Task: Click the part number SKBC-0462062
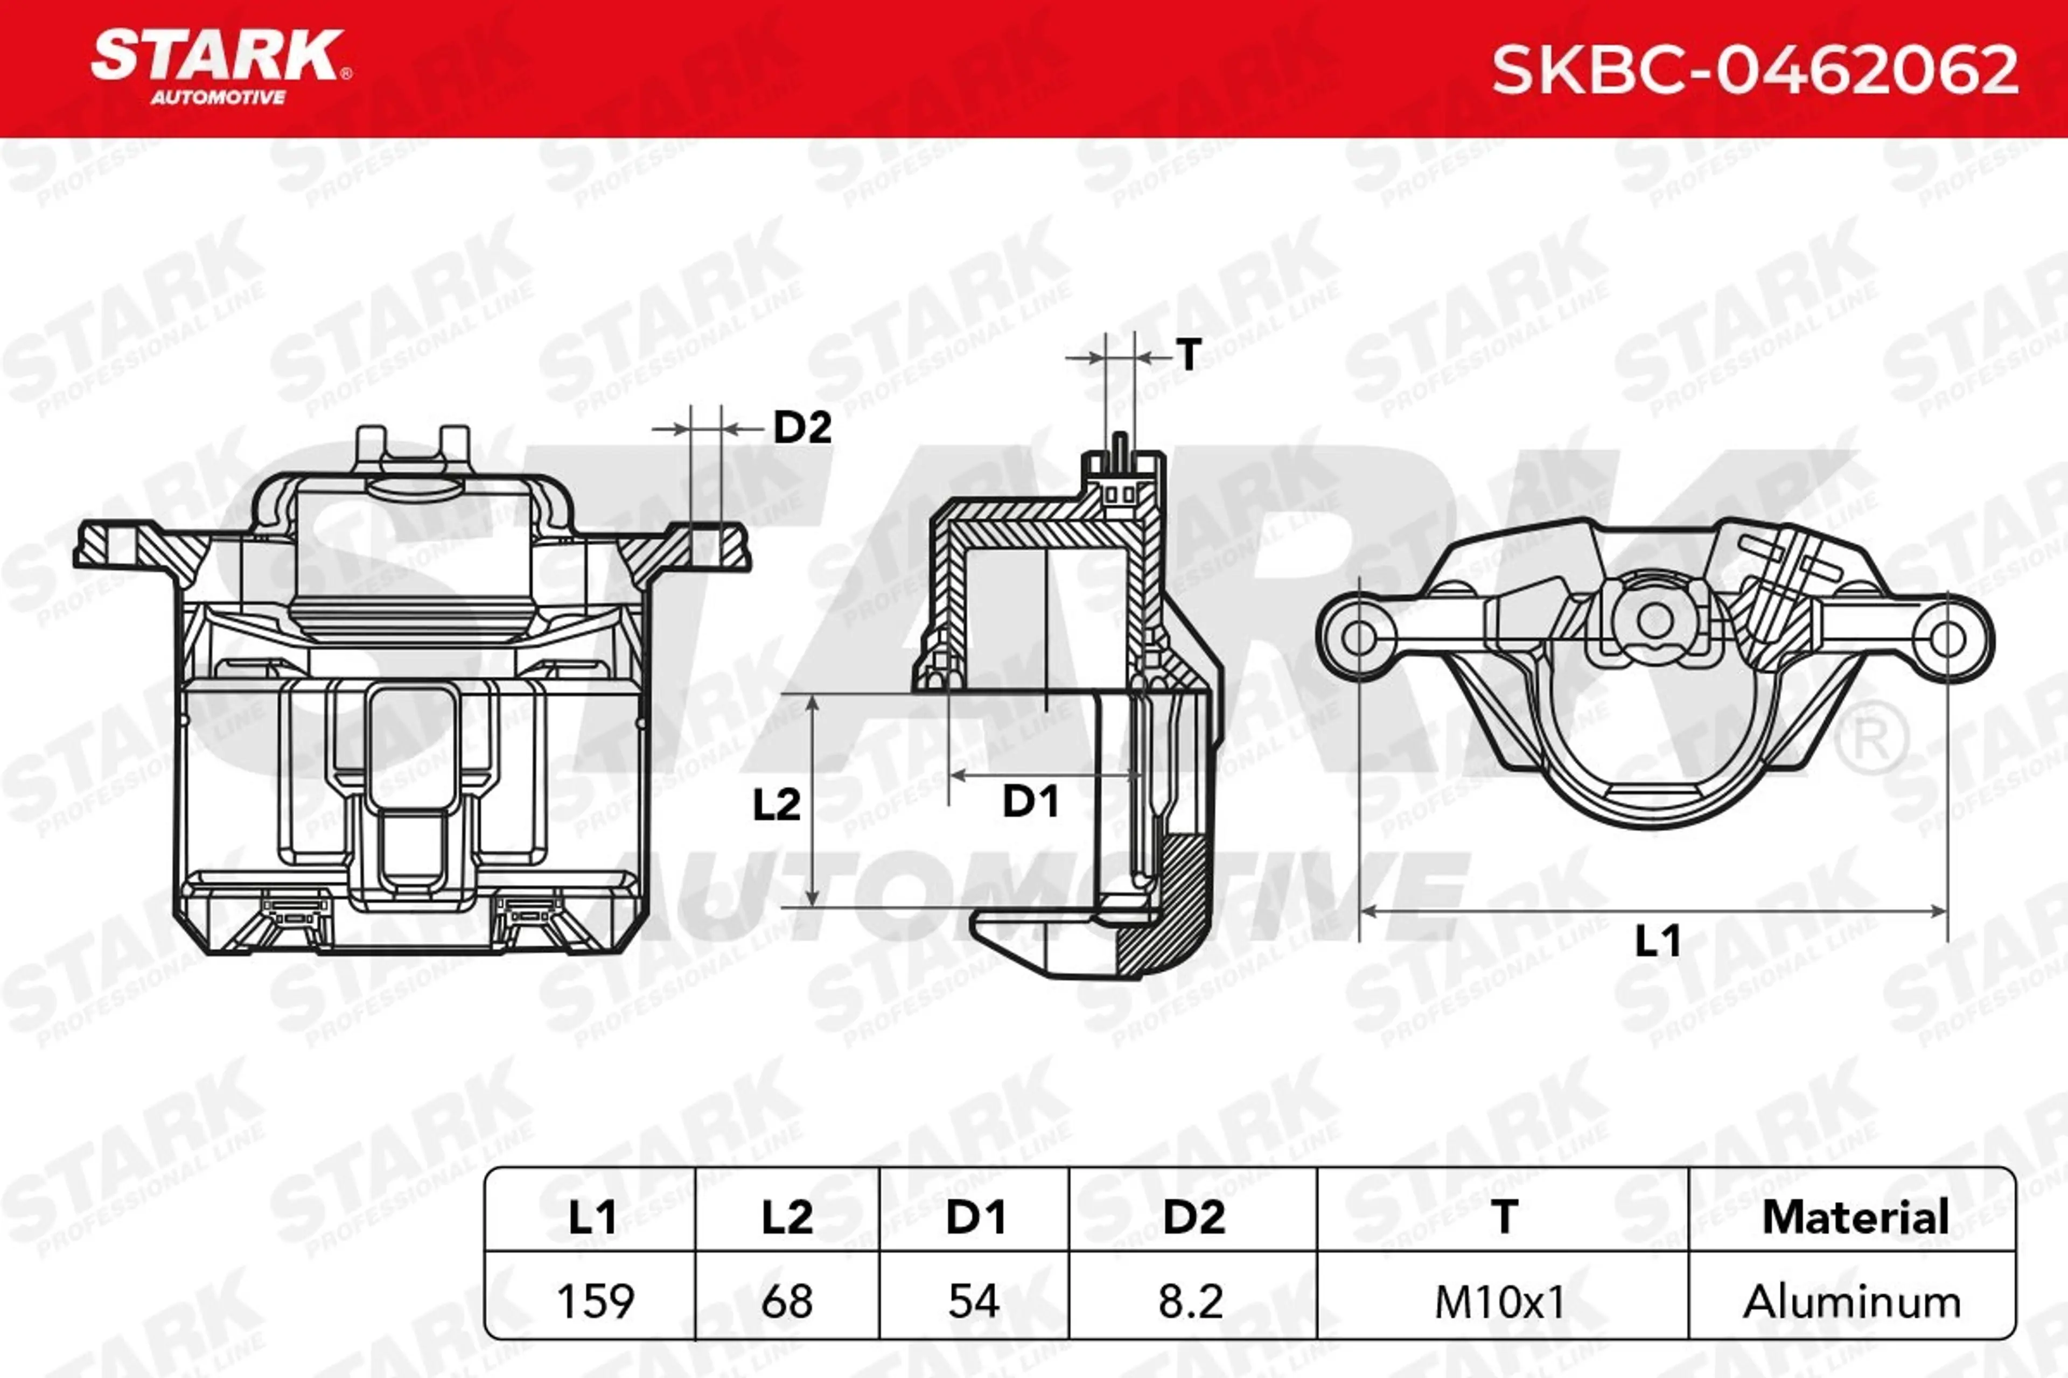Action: tap(1755, 71)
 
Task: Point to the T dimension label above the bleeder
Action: tap(1189, 354)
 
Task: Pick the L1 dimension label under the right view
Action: tap(1658, 940)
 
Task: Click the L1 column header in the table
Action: tap(592, 1217)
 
